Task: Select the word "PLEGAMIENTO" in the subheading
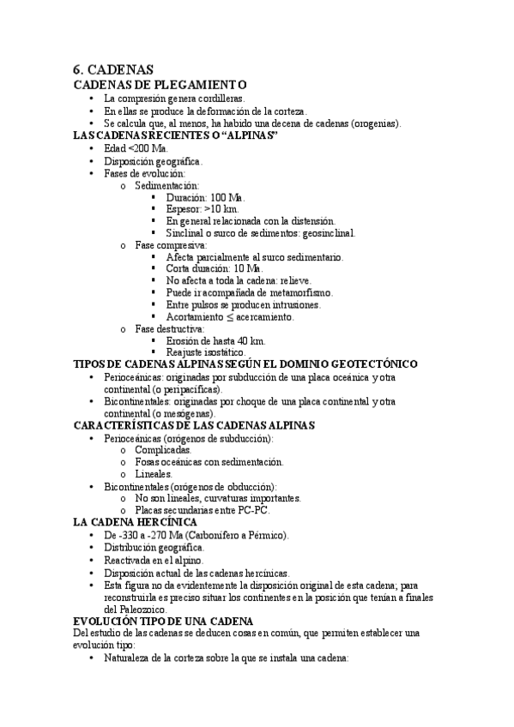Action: (203, 84)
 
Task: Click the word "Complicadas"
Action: (163, 449)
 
